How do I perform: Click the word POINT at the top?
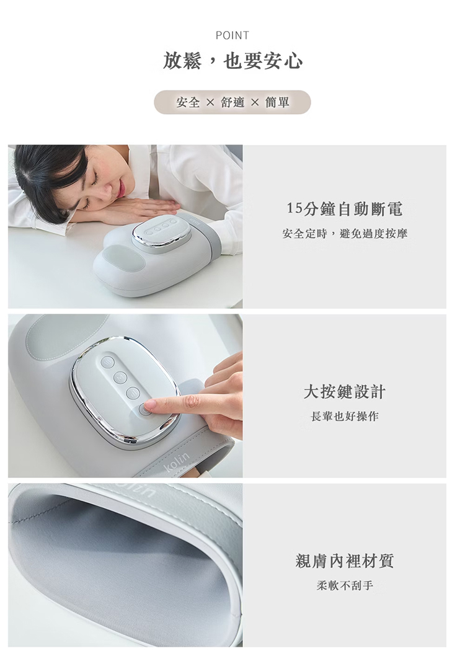pyautogui.click(x=232, y=35)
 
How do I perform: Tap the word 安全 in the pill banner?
pyautogui.click(x=188, y=102)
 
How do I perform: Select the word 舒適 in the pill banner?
pyautogui.click(x=232, y=102)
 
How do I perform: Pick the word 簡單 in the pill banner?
pyautogui.click(x=277, y=102)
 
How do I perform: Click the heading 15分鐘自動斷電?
pyautogui.click(x=345, y=209)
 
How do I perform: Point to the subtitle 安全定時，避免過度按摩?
pyautogui.click(x=345, y=234)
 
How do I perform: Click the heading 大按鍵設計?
pyautogui.click(x=345, y=392)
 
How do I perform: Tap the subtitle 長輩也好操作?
pyautogui.click(x=345, y=416)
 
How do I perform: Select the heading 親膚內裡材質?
pyautogui.click(x=345, y=561)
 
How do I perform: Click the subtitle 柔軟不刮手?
pyautogui.click(x=345, y=585)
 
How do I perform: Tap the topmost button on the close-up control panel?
pyautogui.click(x=108, y=362)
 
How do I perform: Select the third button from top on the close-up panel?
pyautogui.click(x=133, y=392)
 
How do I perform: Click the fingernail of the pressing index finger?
pyautogui.click(x=149, y=404)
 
